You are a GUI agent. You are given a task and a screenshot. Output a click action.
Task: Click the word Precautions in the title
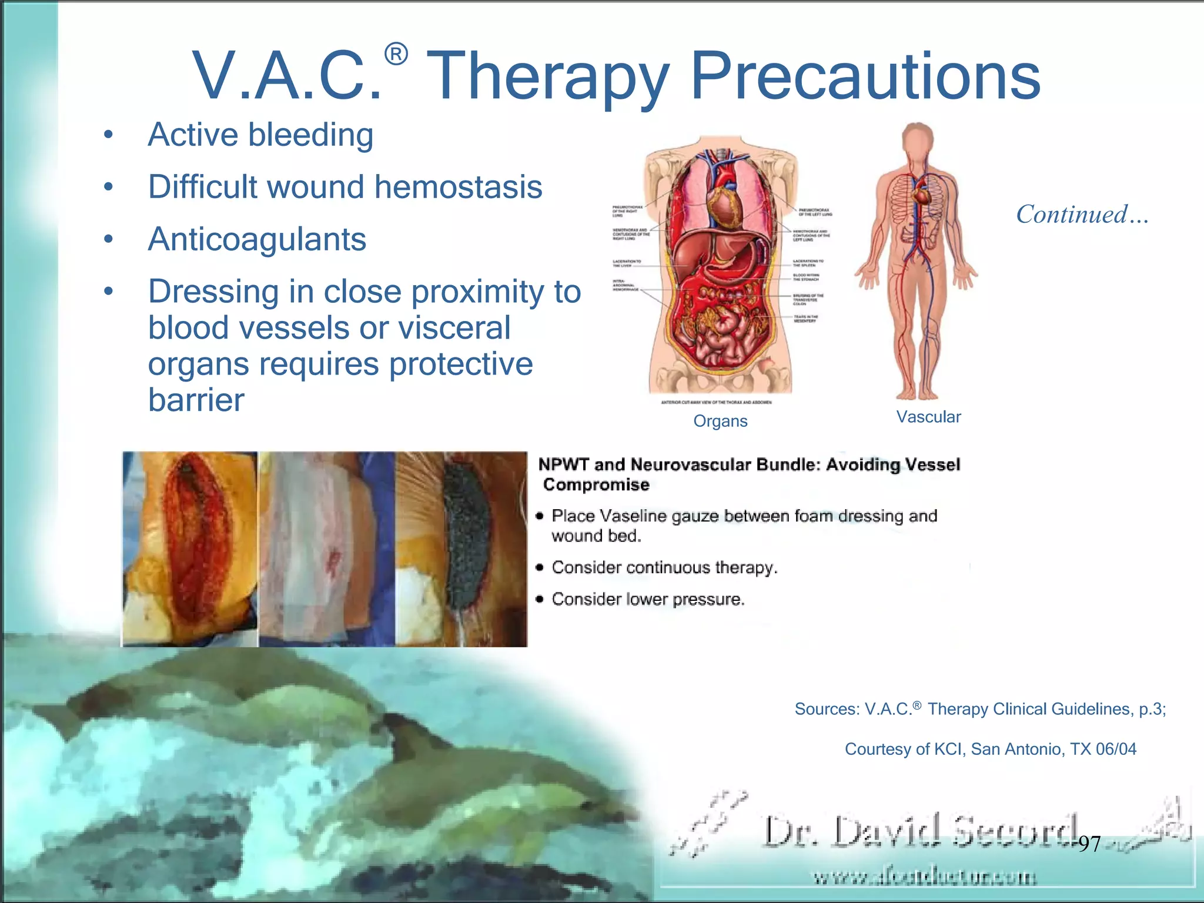click(865, 76)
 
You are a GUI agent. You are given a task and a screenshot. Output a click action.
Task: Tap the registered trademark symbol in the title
click(396, 55)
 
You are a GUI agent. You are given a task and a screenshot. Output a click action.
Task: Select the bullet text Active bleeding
click(260, 135)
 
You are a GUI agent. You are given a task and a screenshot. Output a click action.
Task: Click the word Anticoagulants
click(257, 239)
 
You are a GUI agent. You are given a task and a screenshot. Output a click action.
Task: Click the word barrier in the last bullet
click(196, 400)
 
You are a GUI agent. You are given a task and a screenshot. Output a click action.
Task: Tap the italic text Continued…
click(1082, 214)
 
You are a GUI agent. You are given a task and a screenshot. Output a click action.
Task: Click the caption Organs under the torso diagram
click(720, 421)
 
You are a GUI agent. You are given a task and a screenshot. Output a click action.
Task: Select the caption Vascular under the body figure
click(928, 417)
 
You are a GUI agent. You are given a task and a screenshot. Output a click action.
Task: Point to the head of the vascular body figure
click(918, 141)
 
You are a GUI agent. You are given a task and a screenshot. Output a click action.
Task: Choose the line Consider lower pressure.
click(648, 599)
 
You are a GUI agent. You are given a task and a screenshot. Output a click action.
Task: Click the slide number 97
click(1089, 844)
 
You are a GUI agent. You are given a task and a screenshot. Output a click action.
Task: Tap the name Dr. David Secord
click(920, 831)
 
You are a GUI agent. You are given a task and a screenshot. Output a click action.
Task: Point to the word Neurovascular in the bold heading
click(691, 464)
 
